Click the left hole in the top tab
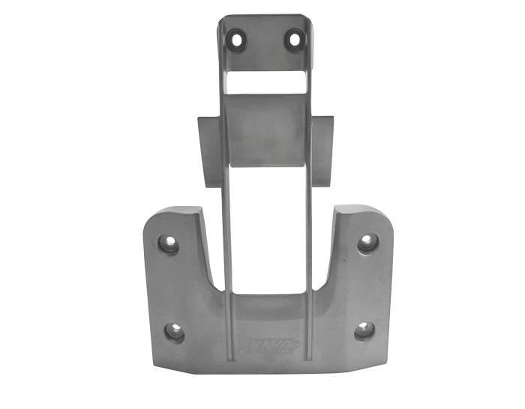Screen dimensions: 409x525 [237, 38]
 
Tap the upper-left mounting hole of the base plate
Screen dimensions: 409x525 [167, 243]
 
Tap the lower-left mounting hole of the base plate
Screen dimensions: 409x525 [174, 331]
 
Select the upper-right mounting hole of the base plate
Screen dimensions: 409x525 [367, 242]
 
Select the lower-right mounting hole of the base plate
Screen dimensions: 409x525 [364, 330]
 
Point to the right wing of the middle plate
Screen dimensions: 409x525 [322, 150]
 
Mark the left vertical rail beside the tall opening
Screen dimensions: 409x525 [226, 225]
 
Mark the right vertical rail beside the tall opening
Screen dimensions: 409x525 [308, 225]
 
